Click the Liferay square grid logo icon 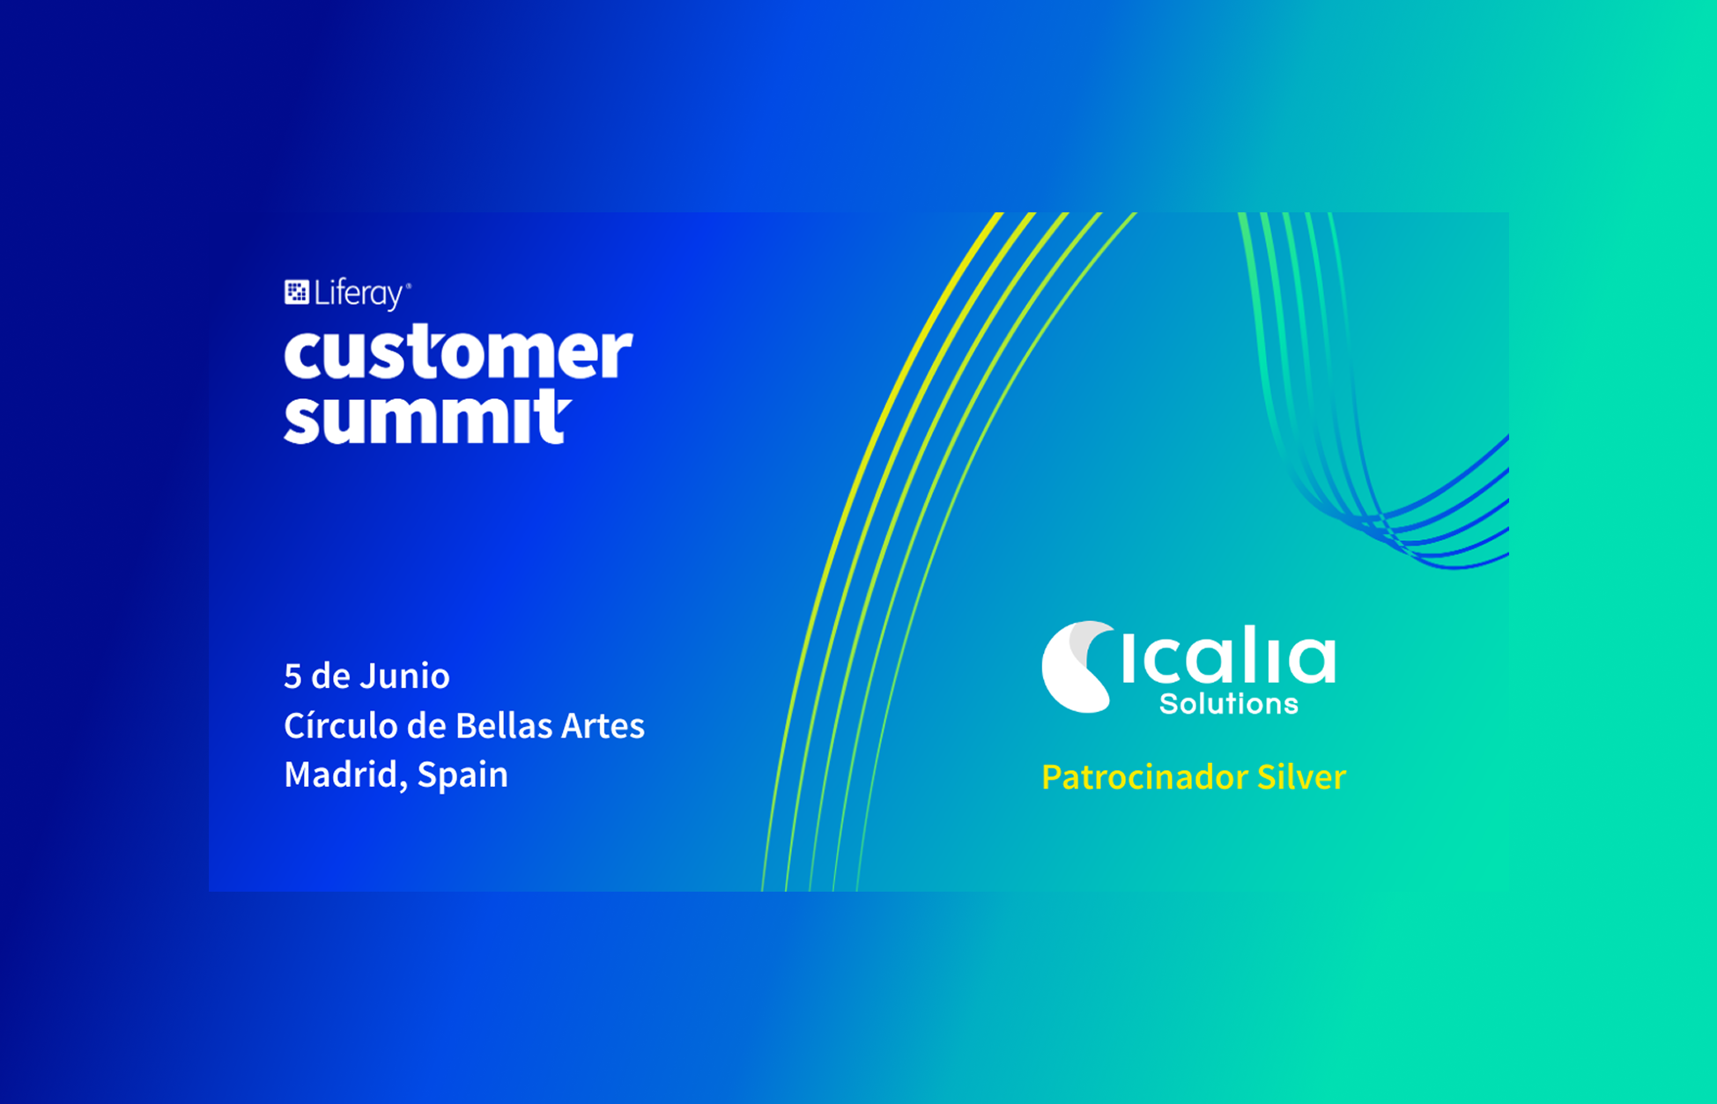296,292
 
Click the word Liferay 359,294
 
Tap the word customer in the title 458,352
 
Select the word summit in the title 427,417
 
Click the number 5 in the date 292,677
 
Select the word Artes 603,726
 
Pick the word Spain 463,775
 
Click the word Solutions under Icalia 1229,704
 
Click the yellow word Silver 1302,777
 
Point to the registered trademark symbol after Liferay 408,285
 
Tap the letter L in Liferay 322,293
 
